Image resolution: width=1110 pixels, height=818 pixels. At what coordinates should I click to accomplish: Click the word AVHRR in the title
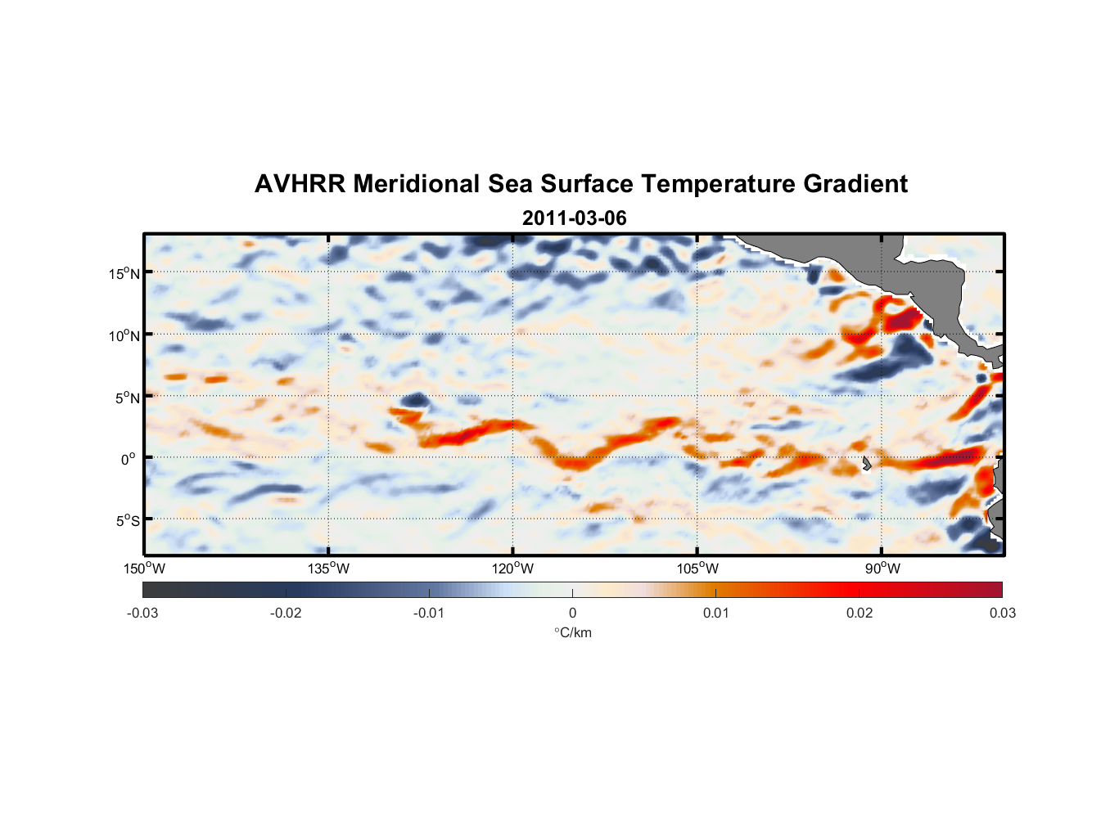pyautogui.click(x=300, y=184)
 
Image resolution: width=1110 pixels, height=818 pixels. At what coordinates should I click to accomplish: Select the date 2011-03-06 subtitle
pyautogui.click(x=575, y=218)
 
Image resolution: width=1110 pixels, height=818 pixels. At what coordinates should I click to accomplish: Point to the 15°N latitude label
pyautogui.click(x=124, y=273)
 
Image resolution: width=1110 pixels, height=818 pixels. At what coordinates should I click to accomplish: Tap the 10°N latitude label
pyautogui.click(x=124, y=335)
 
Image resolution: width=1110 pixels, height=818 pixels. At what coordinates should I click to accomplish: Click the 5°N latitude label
pyautogui.click(x=127, y=398)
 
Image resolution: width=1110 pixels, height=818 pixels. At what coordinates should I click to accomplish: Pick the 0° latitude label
pyautogui.click(x=129, y=459)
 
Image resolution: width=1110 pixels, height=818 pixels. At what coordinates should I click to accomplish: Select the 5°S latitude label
pyautogui.click(x=127, y=521)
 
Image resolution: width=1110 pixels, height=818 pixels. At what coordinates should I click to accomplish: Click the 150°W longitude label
pyautogui.click(x=144, y=569)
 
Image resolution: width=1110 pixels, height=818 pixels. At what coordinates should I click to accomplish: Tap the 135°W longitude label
pyautogui.click(x=328, y=569)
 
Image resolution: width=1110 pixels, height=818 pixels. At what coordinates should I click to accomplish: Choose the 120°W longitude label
pyautogui.click(x=513, y=569)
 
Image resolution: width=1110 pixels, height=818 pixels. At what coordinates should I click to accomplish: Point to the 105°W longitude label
pyautogui.click(x=697, y=569)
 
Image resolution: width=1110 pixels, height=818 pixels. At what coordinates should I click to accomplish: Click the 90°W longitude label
pyautogui.click(x=882, y=569)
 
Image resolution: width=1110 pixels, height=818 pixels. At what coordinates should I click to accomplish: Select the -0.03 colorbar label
pyautogui.click(x=142, y=613)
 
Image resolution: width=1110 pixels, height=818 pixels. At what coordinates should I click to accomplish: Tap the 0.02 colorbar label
pyautogui.click(x=860, y=613)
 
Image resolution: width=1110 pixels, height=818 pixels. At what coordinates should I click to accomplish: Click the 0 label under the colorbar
pyautogui.click(x=572, y=613)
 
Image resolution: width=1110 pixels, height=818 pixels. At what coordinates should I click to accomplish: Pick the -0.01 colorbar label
pyautogui.click(x=429, y=613)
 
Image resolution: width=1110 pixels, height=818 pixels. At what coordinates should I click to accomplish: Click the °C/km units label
pyautogui.click(x=573, y=632)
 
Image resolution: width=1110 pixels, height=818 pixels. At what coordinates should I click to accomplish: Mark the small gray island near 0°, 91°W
pyautogui.click(x=866, y=464)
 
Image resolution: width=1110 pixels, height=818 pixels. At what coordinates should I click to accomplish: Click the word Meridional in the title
pyautogui.click(x=417, y=184)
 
